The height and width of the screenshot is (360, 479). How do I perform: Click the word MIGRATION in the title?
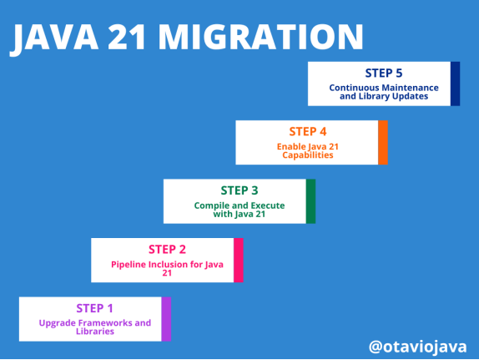tap(260, 37)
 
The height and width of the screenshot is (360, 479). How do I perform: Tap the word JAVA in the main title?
tap(54, 38)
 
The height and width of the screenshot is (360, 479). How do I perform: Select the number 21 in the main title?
tap(127, 37)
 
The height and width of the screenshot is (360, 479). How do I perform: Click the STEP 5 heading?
tap(384, 74)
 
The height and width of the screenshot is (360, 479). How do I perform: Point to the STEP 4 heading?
tap(308, 131)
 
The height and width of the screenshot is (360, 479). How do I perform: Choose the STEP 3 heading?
tap(239, 190)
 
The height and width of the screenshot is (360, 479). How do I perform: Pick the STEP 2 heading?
tap(167, 250)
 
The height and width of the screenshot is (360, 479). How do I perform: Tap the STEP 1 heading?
tap(94, 308)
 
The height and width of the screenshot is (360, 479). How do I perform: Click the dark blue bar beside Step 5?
tap(455, 84)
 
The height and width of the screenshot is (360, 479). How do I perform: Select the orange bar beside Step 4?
tap(383, 143)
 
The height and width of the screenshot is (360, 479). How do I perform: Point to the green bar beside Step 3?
tap(310, 201)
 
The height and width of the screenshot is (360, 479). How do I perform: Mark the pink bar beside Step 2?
tap(239, 261)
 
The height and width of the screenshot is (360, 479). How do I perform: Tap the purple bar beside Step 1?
tap(166, 319)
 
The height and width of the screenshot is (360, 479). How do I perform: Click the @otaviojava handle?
tap(417, 347)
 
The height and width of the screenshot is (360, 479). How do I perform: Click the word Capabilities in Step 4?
tap(308, 155)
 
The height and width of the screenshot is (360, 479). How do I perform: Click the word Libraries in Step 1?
tap(94, 332)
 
